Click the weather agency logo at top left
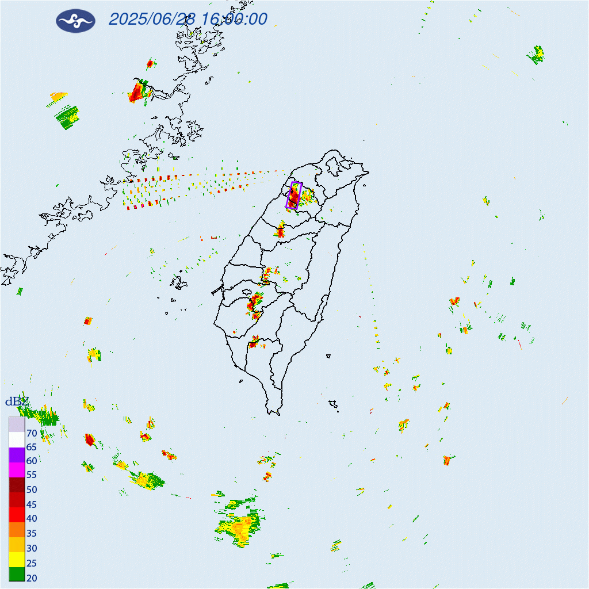coord(75,21)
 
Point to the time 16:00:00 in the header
coord(234,19)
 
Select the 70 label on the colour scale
coord(32,433)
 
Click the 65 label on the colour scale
coord(32,447)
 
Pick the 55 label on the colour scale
coord(32,475)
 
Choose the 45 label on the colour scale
coord(32,504)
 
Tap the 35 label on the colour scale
coord(32,533)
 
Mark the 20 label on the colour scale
coord(32,577)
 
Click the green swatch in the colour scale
coord(17,573)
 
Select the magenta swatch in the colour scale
coord(17,470)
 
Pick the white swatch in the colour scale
coord(17,440)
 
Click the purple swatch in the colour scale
coord(17,455)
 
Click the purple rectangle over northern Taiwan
coord(294,195)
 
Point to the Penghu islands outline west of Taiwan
coord(179,282)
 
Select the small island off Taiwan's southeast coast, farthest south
coord(332,406)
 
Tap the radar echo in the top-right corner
coord(537,55)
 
